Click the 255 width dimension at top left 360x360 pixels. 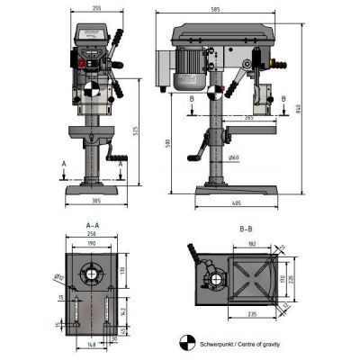(95, 7)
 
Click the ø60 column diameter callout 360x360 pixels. (233, 158)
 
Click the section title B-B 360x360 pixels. (246, 229)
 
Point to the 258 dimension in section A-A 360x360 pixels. (92, 233)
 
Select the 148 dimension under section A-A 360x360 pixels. (92, 343)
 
